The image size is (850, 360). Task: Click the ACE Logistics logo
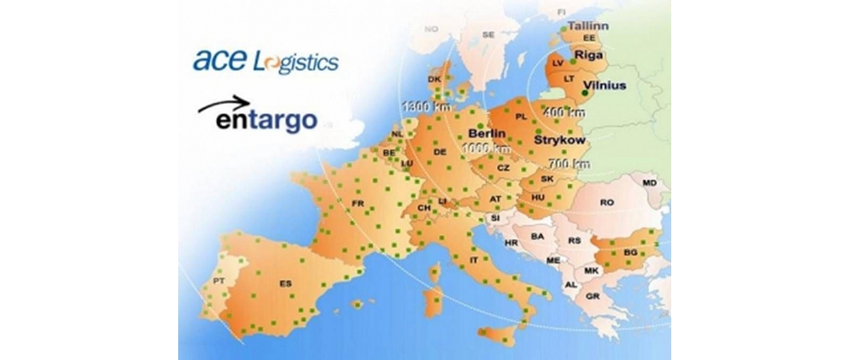(x=266, y=61)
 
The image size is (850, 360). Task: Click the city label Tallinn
(x=588, y=27)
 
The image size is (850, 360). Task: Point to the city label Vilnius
(x=604, y=86)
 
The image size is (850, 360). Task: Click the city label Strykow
(x=560, y=140)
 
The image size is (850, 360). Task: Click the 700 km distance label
(x=569, y=163)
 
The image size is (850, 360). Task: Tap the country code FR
(x=357, y=203)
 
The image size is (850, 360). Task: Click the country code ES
(x=286, y=284)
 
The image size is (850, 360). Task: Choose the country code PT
(x=218, y=280)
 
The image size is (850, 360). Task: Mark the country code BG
(x=630, y=254)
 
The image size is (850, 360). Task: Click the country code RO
(x=607, y=202)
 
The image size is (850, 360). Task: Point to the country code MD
(x=649, y=183)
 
